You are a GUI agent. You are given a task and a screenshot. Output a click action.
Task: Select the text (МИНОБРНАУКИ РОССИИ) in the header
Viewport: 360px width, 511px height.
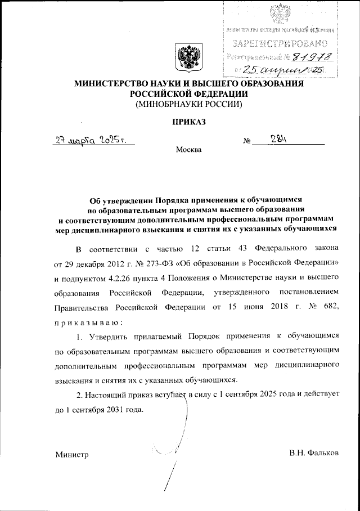coord(186,104)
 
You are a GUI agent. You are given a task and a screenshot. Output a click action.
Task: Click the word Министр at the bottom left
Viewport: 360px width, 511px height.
coord(72,454)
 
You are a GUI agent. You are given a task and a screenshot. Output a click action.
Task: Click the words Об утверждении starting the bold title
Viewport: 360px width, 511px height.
coord(121,199)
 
